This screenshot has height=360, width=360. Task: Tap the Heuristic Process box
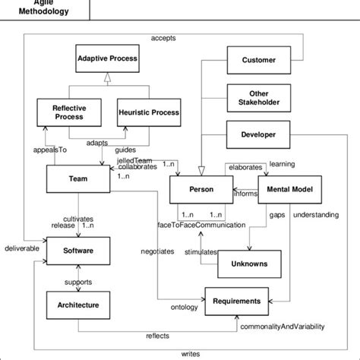150,112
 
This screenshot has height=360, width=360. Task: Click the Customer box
258,60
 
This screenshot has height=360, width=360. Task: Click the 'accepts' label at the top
163,37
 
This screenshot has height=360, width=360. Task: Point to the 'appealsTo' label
46,150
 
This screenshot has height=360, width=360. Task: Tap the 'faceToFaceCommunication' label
201,226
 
